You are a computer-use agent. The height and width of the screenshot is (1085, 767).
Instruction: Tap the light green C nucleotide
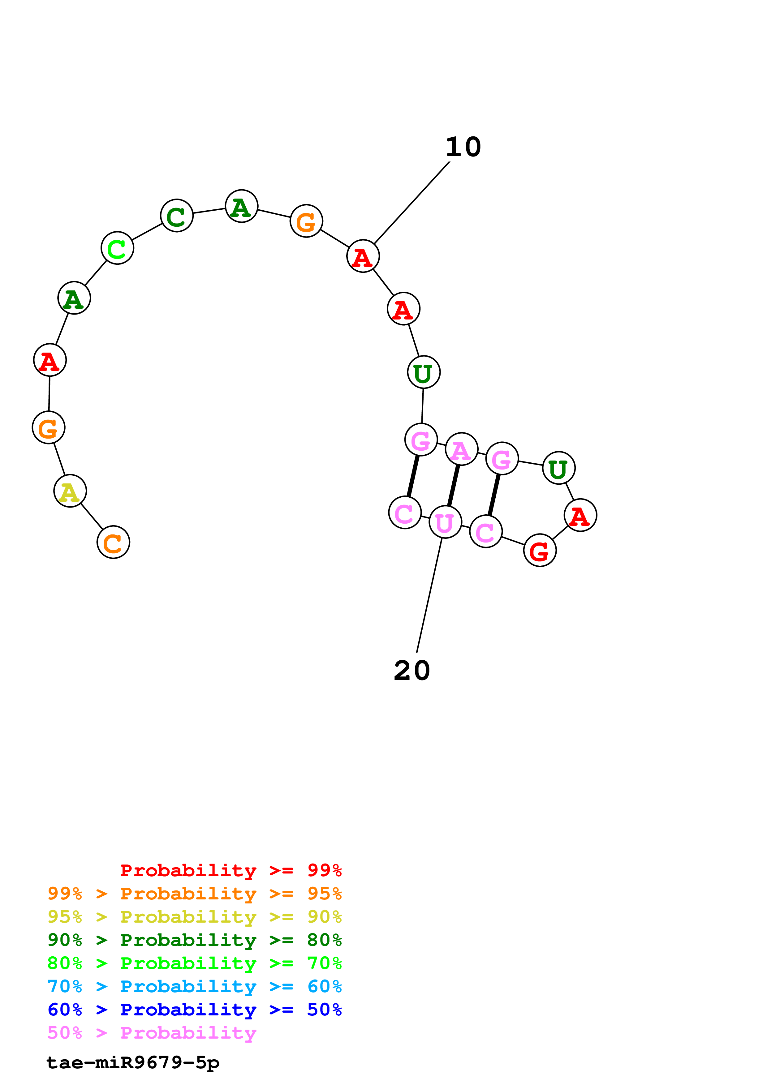pos(117,248)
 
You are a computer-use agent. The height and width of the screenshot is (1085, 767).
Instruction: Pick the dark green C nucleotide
pos(177,216)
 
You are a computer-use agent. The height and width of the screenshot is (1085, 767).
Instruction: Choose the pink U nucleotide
pos(445,522)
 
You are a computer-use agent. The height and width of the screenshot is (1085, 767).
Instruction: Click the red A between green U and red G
pos(580,515)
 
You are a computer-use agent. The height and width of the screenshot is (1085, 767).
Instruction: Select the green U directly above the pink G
pos(424,372)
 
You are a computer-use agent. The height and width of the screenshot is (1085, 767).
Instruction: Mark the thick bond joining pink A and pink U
pos(453,485)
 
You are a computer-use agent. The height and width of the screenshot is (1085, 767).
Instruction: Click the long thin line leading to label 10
pos(412,203)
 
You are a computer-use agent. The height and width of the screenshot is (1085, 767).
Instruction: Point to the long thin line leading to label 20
pos(429,595)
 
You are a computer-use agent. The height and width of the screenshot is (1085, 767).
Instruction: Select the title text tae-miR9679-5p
pos(133,1063)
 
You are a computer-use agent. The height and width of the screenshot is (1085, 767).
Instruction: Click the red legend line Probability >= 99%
pos(231,870)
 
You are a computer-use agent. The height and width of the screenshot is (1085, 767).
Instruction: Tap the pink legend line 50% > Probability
pos(152,1033)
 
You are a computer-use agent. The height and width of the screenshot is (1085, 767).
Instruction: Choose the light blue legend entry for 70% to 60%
pos(194,987)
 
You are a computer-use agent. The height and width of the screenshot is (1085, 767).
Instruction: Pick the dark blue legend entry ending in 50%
pos(194,1010)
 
